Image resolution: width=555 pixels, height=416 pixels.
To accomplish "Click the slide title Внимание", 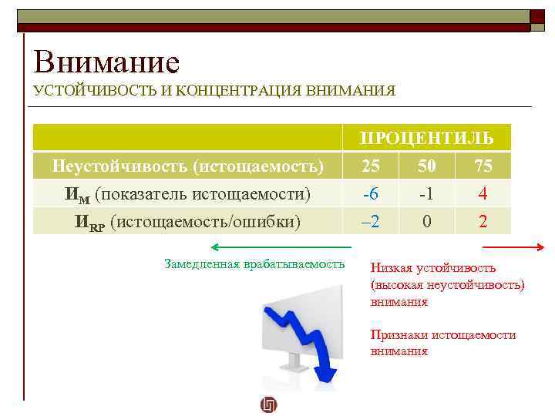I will pos(106,62).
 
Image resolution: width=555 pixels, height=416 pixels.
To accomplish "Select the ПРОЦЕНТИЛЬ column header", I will pos(426,139).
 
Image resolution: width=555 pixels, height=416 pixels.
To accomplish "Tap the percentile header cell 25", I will pos(370,166).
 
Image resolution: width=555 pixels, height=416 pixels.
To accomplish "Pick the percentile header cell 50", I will pos(426,166).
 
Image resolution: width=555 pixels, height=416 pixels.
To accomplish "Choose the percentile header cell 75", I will pos(483,166).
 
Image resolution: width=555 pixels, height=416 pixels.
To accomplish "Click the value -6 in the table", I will pos(370,194).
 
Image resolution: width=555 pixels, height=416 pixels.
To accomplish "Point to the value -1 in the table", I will pos(426,194).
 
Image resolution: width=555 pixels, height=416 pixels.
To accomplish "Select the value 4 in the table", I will pos(483,194).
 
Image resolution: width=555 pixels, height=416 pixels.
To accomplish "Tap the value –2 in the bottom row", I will pos(370,222).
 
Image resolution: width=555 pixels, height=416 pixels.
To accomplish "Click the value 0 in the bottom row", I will pos(426,222).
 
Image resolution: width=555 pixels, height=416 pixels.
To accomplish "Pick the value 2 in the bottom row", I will pos(483,222).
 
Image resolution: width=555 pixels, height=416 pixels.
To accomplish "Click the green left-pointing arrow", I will pos(281,247).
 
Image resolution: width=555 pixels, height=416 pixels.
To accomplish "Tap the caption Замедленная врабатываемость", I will pos(254,263).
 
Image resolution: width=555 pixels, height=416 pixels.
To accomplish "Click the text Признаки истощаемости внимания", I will pos(442,343).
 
